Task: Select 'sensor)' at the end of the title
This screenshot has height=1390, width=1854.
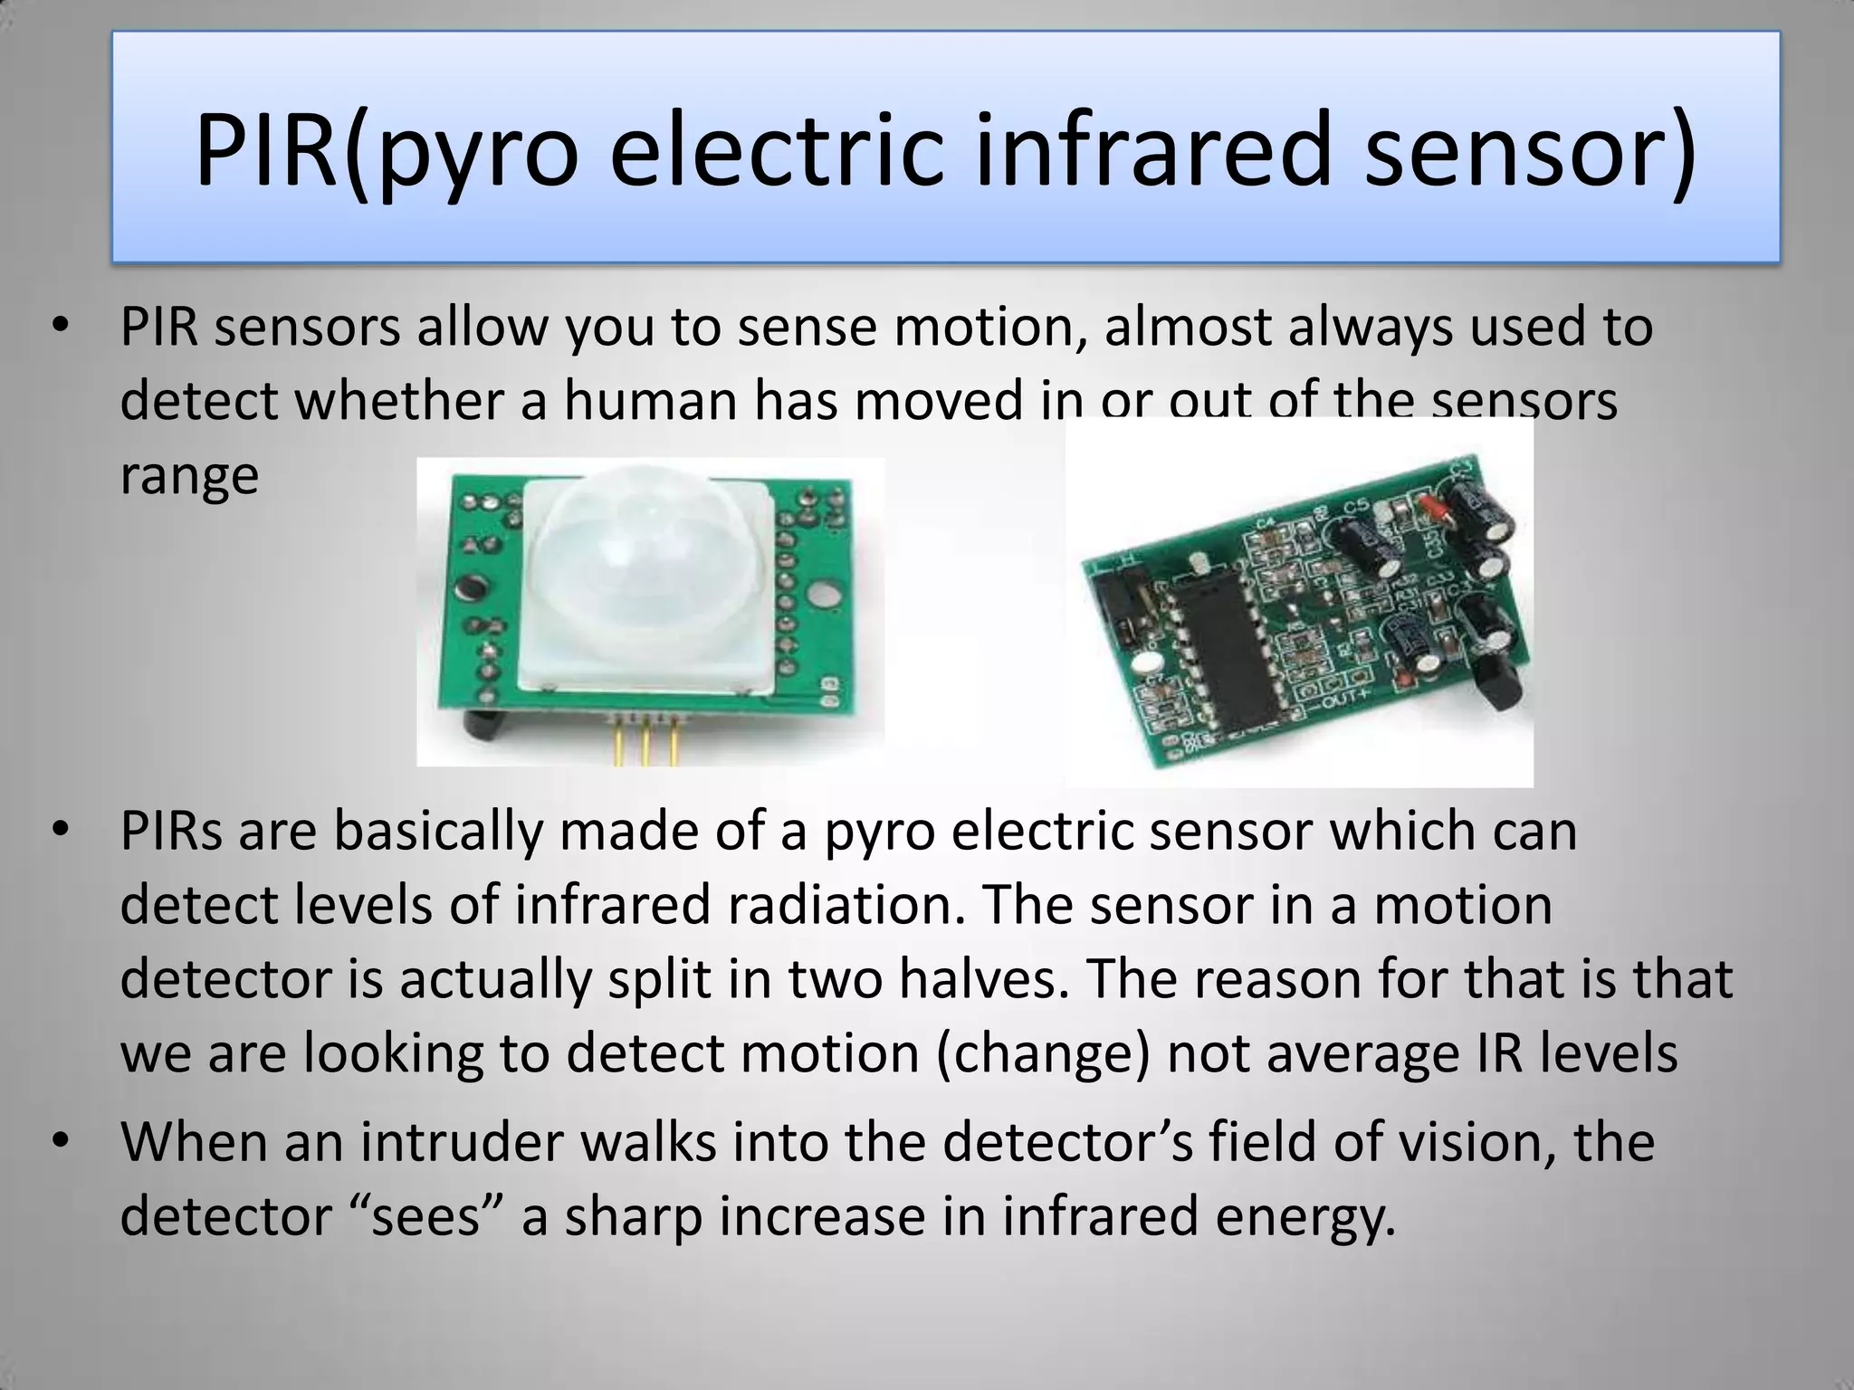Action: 1530,149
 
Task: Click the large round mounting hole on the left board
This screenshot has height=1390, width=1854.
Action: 824,595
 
